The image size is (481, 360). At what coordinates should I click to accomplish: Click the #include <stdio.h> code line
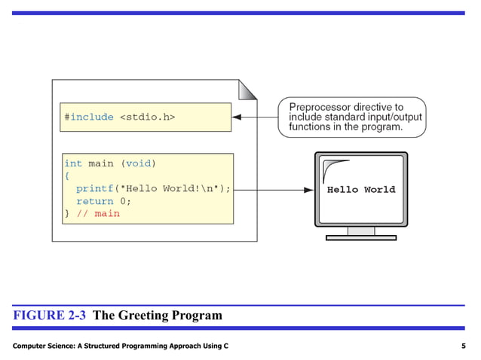tap(120, 117)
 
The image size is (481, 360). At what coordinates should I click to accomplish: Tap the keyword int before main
tap(73, 163)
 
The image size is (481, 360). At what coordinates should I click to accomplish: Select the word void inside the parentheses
tap(138, 163)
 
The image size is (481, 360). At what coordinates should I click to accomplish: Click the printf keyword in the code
tap(94, 188)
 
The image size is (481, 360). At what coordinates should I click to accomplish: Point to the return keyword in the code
tap(94, 201)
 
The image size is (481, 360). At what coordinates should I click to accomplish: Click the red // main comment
tap(97, 214)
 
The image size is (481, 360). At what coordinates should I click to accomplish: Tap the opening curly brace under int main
tap(67, 176)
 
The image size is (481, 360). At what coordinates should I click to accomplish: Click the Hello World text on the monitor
tap(360, 190)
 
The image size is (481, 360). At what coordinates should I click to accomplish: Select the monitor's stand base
tap(360, 237)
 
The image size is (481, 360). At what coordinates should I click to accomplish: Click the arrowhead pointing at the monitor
tap(308, 190)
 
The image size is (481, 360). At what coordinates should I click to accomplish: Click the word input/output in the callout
tap(391, 117)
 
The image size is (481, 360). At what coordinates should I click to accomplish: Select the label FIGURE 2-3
tap(50, 316)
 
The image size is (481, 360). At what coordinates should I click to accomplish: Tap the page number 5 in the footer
tap(462, 345)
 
